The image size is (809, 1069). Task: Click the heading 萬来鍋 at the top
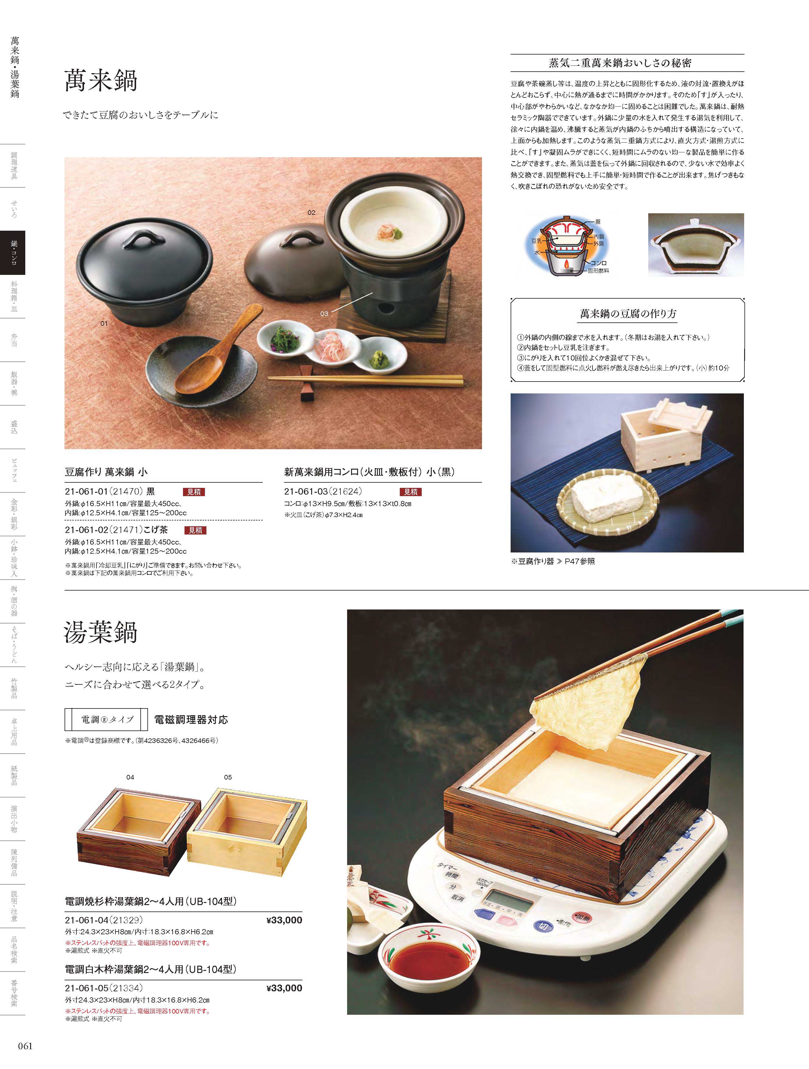click(101, 81)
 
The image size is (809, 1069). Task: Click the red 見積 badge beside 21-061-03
click(410, 492)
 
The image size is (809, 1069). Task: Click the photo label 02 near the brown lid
click(311, 212)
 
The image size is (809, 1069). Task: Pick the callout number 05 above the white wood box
click(228, 777)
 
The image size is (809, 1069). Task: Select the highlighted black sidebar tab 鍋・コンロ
click(12, 253)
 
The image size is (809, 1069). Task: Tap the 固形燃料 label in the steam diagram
click(598, 271)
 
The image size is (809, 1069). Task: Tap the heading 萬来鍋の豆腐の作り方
click(628, 314)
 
